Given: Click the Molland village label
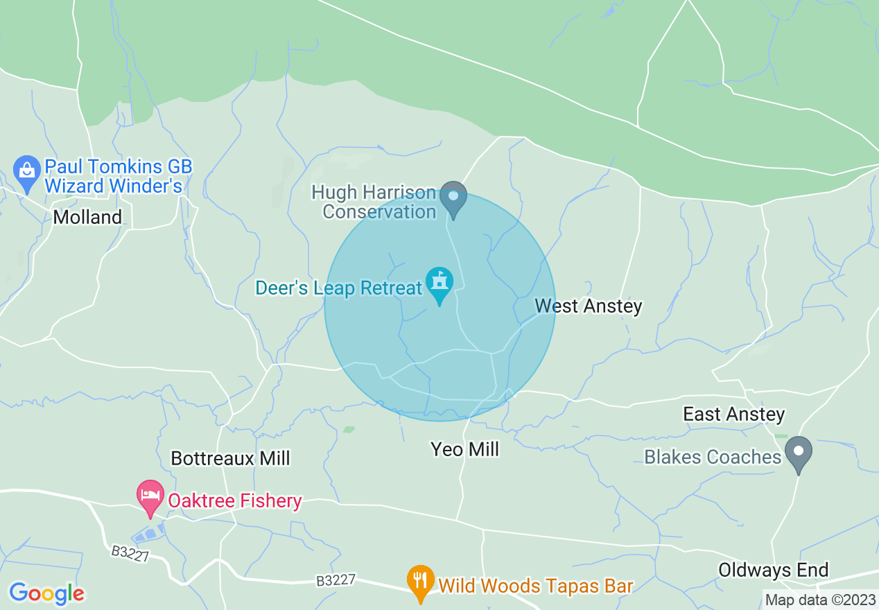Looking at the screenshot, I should coord(87,217).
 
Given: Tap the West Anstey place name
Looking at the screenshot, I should coord(589,306).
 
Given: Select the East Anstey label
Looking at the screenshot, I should coord(733,415).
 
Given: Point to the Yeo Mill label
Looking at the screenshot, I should coord(464,449).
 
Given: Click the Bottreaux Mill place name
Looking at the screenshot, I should coord(230,458).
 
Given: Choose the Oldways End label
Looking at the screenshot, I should coord(773,570).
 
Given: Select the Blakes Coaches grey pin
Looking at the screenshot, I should coord(799,453).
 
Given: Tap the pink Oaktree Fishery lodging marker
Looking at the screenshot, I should coord(150,497).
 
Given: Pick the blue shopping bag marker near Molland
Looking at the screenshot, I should coord(27,171).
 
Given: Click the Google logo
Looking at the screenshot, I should coord(46,593).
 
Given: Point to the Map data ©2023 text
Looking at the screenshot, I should coord(819,600).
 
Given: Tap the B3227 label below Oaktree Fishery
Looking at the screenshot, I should coord(130,554).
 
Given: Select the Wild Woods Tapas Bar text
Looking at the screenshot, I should coord(536,586).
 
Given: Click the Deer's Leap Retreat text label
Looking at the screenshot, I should coord(338,288).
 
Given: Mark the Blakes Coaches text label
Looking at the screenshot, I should coord(713,457).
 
